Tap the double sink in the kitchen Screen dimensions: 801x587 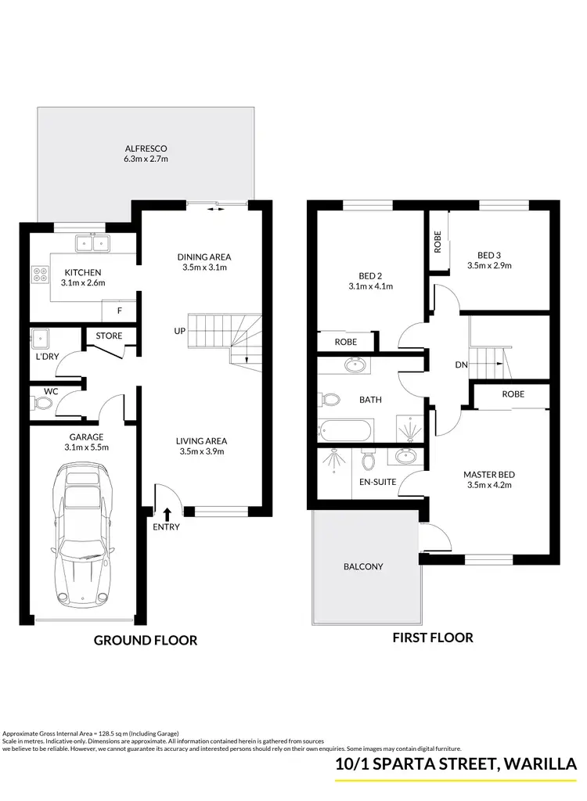click(x=92, y=243)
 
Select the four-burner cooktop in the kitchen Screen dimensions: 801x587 click(x=39, y=275)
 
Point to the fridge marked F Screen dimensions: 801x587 click(x=119, y=311)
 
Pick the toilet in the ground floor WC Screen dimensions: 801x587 click(x=42, y=404)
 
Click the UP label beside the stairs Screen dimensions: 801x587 click(x=179, y=332)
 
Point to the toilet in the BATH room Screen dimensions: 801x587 click(x=330, y=400)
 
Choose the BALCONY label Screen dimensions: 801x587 click(x=364, y=566)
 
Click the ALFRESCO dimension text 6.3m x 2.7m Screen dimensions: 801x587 click(x=146, y=159)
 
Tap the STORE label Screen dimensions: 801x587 click(x=109, y=336)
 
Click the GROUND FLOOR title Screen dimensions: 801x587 click(x=146, y=640)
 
